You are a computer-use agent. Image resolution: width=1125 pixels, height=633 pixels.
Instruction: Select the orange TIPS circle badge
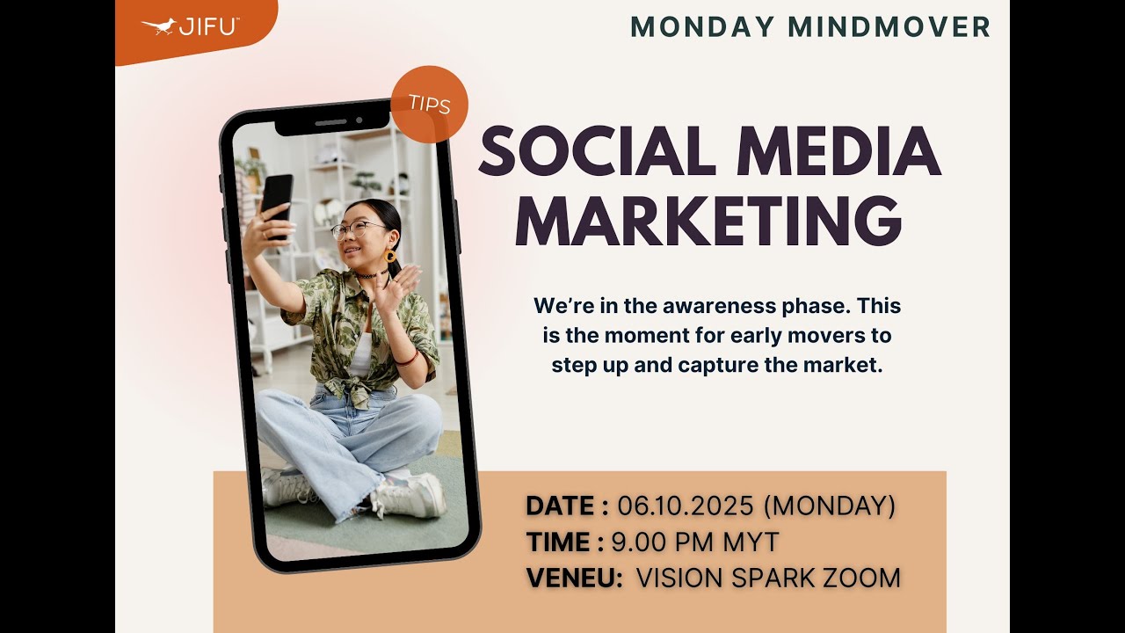coord(429,105)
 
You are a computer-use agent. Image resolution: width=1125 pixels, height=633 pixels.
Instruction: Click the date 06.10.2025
coord(686,506)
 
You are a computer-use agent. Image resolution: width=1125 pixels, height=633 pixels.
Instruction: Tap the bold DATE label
coord(560,506)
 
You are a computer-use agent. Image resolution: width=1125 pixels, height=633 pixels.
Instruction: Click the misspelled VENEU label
coord(574,578)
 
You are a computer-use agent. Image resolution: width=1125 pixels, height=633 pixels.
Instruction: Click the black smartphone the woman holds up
coord(277,205)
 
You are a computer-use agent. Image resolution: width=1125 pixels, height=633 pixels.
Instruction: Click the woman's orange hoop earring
coord(390,257)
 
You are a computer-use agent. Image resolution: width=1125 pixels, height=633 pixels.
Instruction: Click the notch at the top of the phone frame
coord(332,122)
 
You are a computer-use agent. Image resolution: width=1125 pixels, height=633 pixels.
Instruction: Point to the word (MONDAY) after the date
coord(830,506)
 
